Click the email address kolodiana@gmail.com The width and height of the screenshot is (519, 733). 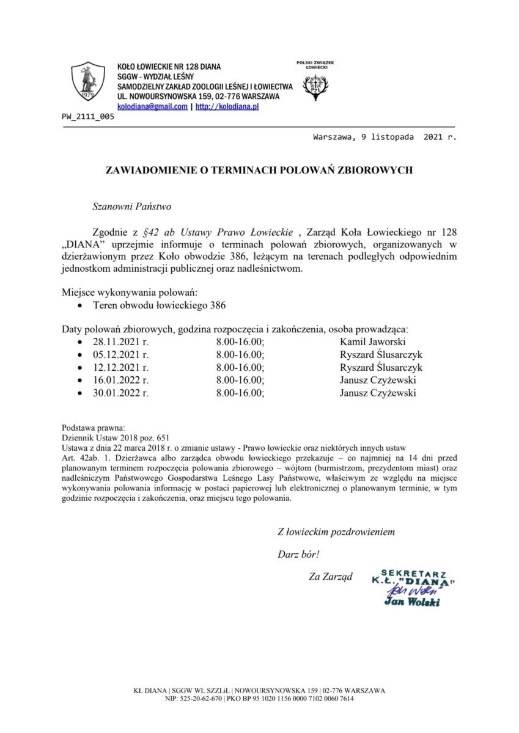click(x=152, y=106)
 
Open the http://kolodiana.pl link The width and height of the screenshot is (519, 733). click(x=227, y=106)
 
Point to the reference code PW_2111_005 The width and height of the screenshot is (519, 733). click(x=88, y=117)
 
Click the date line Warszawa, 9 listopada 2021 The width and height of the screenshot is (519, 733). click(x=384, y=137)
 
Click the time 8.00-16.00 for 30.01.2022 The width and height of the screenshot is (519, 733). click(x=240, y=393)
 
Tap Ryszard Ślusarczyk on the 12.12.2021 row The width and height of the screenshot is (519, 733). click(x=381, y=368)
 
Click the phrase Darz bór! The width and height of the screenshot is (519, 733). click(x=298, y=554)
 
